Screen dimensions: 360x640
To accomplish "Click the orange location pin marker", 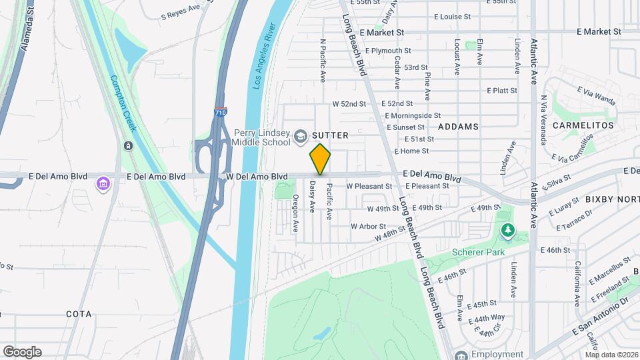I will pyautogui.click(x=320, y=159).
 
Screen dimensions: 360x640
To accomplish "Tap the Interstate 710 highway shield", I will pyautogui.click(x=221, y=112).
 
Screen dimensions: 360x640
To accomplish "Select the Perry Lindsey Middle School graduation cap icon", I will pyautogui.click(x=300, y=136).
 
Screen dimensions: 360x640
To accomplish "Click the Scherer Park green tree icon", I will pyautogui.click(x=508, y=231).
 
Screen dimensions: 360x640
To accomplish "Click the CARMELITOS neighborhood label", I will pyautogui.click(x=587, y=125).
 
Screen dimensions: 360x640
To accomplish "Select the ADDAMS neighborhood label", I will pyautogui.click(x=458, y=126).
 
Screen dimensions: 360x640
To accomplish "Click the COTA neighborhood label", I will pyautogui.click(x=79, y=313).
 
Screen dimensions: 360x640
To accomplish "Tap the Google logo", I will pyautogui.click(x=21, y=352).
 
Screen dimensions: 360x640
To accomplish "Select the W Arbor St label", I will pyautogui.click(x=368, y=226).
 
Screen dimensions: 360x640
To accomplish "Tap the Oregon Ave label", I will pyautogui.click(x=295, y=213).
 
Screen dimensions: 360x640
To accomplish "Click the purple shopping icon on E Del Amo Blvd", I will pyautogui.click(x=103, y=183).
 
